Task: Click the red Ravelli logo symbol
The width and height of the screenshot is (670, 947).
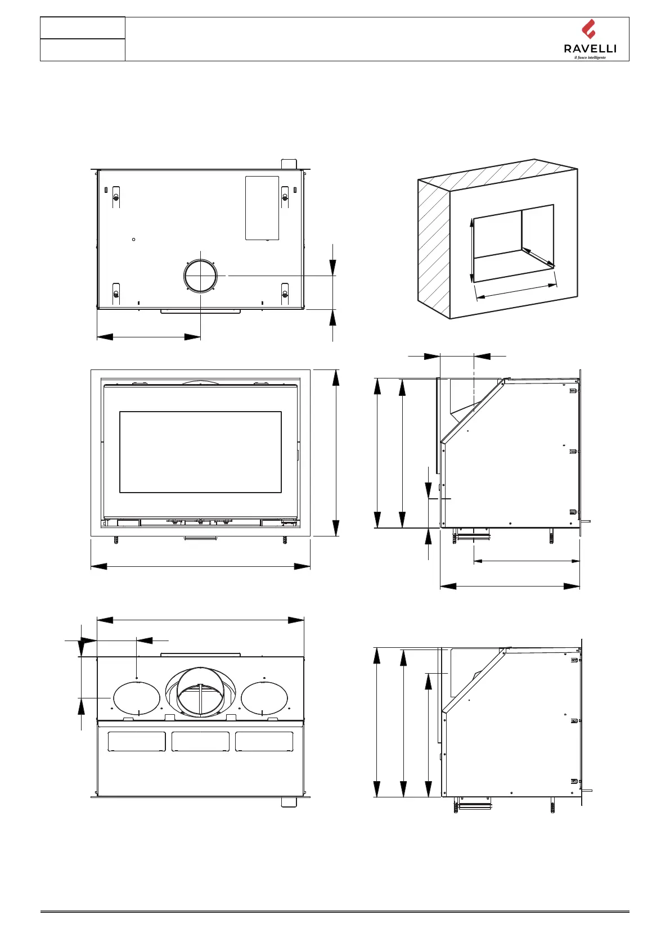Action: click(x=588, y=29)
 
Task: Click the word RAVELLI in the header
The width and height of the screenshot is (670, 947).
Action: click(x=590, y=49)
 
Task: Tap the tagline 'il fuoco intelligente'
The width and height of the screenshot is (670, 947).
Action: click(x=590, y=57)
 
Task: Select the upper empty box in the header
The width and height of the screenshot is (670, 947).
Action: click(x=83, y=28)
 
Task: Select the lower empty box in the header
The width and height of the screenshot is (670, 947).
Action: click(x=83, y=49)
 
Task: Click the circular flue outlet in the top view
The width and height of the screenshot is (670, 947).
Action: click(x=200, y=276)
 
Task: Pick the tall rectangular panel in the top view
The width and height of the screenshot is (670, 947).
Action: click(x=262, y=208)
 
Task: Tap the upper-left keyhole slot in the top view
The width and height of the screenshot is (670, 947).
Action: click(x=116, y=197)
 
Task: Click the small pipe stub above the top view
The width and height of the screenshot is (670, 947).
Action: click(x=289, y=164)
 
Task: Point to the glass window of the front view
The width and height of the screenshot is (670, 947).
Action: click(x=200, y=452)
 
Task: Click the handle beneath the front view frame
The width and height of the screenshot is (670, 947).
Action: click(x=200, y=538)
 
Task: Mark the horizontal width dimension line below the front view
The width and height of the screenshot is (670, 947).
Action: click(x=200, y=566)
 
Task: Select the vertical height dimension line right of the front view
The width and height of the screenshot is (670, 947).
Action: click(x=336, y=453)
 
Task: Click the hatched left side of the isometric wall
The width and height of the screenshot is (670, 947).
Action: click(x=434, y=247)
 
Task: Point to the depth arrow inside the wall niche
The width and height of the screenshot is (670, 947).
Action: click(x=538, y=257)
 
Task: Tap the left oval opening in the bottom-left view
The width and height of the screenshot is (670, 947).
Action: click(x=137, y=698)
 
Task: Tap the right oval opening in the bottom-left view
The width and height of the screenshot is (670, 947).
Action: click(x=264, y=698)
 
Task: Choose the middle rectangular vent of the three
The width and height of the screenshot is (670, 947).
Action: click(x=200, y=741)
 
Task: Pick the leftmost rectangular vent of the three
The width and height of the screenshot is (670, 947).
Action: click(x=137, y=741)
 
